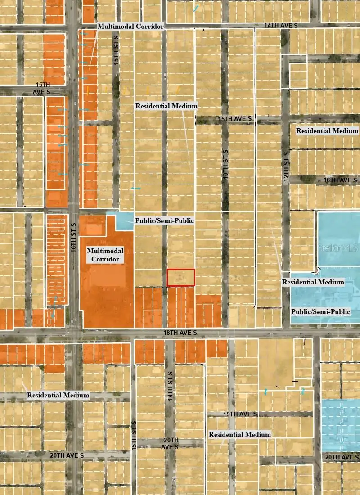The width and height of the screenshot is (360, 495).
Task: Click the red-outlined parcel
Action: tap(181, 278)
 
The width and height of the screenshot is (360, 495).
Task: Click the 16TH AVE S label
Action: tap(340, 180)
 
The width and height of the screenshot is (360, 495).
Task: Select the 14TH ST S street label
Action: tap(170, 386)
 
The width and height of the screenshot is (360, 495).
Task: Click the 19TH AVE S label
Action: tap(240, 414)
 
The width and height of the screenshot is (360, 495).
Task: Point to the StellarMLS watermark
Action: tap(337, 248)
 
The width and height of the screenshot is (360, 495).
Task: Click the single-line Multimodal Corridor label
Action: tap(130, 27)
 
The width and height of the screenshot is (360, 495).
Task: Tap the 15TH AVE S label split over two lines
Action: tap(43, 88)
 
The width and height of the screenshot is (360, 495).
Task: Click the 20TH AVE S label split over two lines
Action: tap(171, 443)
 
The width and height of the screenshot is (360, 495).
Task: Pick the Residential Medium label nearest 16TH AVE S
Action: tap(327, 131)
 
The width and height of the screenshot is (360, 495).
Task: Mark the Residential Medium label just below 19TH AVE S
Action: tap(239, 434)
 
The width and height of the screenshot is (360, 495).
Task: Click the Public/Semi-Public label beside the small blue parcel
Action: tap(165, 221)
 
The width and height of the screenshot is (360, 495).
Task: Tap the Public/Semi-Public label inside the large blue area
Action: tap(320, 312)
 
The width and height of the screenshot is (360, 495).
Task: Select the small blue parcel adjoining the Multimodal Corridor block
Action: tap(123, 221)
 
